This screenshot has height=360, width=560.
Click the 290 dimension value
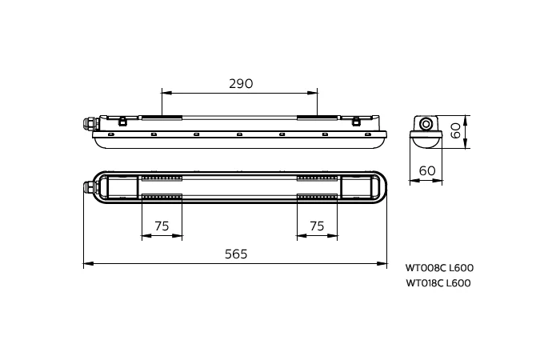click(x=241, y=83)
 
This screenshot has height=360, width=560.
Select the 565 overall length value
click(x=236, y=254)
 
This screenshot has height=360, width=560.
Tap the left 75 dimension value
click(x=162, y=226)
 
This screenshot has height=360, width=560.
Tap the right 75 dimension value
click(x=317, y=226)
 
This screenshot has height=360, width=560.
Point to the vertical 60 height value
click(x=456, y=131)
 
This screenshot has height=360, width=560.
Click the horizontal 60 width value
click(x=427, y=171)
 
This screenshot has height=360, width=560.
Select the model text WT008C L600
click(x=439, y=267)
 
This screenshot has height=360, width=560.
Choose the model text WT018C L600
click(x=438, y=283)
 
